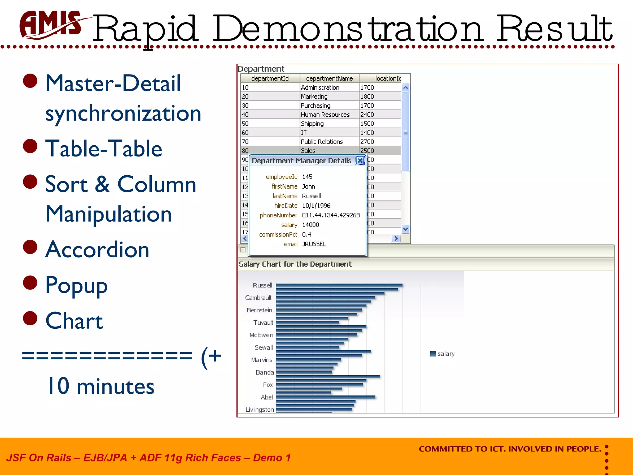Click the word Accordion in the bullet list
[97, 250]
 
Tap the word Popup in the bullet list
[76, 285]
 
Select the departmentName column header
[329, 79]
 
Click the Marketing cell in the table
[314, 96]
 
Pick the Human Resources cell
[325, 115]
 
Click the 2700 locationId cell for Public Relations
[367, 142]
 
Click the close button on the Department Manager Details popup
[360, 160]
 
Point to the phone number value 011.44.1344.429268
[331, 215]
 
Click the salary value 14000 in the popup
[310, 225]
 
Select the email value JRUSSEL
[314, 244]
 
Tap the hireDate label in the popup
[286, 206]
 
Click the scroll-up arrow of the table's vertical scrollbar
[406, 88]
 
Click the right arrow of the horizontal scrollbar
[396, 239]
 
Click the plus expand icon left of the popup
[243, 250]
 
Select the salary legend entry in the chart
[443, 354]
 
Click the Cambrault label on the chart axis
[258, 298]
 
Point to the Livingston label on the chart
[260, 410]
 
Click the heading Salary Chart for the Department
[295, 264]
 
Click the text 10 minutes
[100, 387]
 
